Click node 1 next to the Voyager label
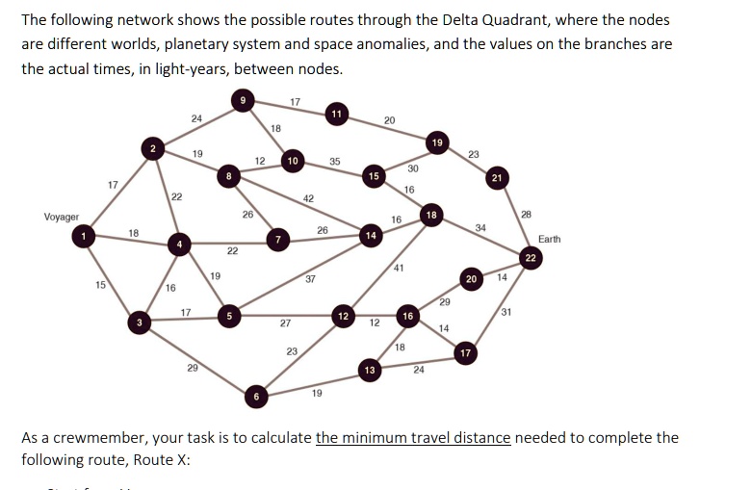coord(85,236)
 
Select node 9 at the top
coord(244,98)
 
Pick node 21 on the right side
coord(496,178)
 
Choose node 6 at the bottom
coord(255,395)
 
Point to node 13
coord(368,370)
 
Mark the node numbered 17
coord(466,354)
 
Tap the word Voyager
coord(62,218)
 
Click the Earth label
coord(550,238)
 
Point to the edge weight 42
coord(308,197)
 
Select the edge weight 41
coord(398,269)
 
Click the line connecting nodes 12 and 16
coord(376,315)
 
